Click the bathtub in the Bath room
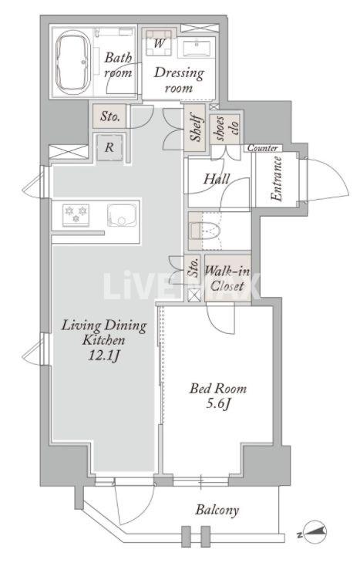(x=72, y=62)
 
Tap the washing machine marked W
(x=159, y=42)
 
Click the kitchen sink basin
(x=122, y=215)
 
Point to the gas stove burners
(x=76, y=215)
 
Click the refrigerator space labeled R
(x=109, y=147)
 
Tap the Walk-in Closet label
(x=227, y=278)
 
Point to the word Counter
(x=262, y=148)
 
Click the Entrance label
(x=277, y=179)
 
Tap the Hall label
(x=217, y=179)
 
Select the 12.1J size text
(x=104, y=356)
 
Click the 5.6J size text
(x=218, y=404)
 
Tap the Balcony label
(x=217, y=510)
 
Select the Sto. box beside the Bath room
(x=109, y=116)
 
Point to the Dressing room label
(x=179, y=80)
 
